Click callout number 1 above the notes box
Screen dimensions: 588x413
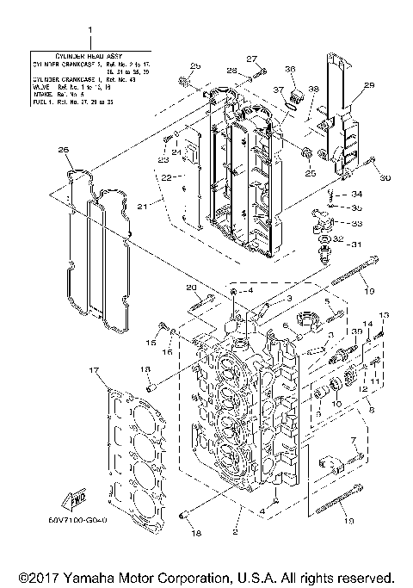pyautogui.click(x=89, y=31)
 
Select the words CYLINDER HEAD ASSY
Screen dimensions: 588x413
pyautogui.click(x=89, y=53)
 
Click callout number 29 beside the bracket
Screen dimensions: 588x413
pyautogui.click(x=369, y=85)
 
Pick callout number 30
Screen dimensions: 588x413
pyautogui.click(x=385, y=178)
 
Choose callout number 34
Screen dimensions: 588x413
pyautogui.click(x=357, y=195)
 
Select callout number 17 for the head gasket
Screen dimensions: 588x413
pyautogui.click(x=94, y=369)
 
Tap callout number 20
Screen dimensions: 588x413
pyautogui.click(x=192, y=287)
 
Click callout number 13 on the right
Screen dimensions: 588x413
pyautogui.click(x=384, y=314)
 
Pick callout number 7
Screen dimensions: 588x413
pyautogui.click(x=354, y=441)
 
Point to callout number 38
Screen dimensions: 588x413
pyautogui.click(x=314, y=90)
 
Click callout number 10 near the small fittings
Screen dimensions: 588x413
pyautogui.click(x=336, y=403)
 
